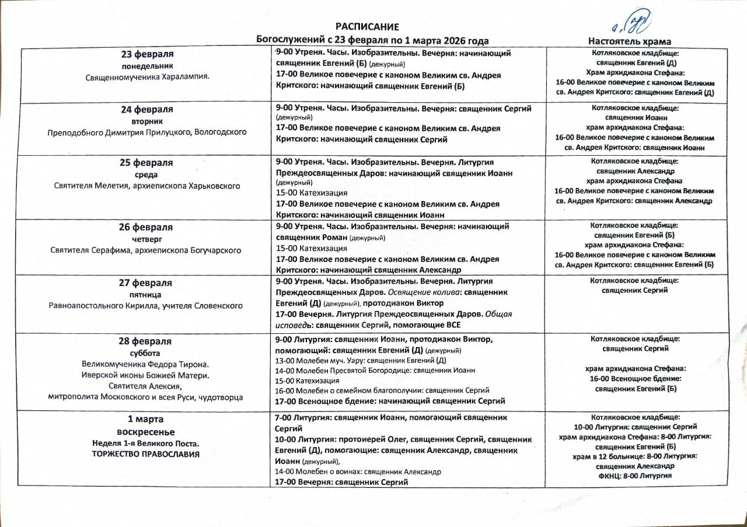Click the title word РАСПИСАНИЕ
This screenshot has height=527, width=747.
(x=367, y=27)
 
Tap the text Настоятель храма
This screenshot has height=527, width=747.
(x=629, y=41)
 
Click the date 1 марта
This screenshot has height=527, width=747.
(x=146, y=419)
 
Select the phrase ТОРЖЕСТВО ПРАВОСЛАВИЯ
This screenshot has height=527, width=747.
(x=146, y=454)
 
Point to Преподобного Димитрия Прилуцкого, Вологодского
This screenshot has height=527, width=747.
(x=147, y=132)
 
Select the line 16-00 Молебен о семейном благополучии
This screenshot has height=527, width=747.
(x=382, y=390)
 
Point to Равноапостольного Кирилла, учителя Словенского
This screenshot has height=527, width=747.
(x=147, y=305)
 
